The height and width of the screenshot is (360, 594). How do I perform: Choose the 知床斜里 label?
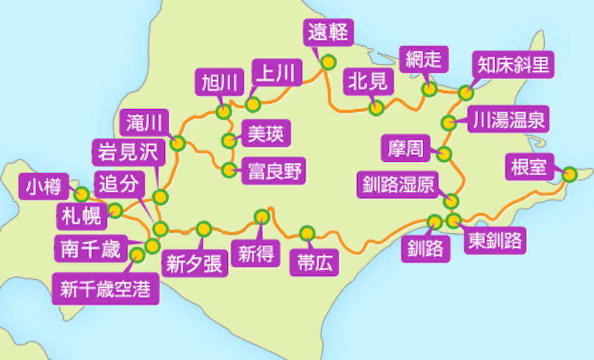513,65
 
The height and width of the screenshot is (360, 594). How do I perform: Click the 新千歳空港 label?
105,287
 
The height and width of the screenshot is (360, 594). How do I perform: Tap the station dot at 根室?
569,175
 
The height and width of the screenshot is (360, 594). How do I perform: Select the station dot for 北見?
377,108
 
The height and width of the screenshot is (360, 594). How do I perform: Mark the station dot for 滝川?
177,143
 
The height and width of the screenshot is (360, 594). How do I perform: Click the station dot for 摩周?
444,154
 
